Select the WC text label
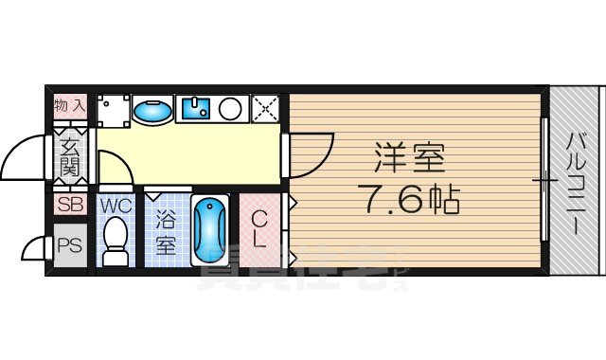tap(116, 205)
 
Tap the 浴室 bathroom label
tap(166, 234)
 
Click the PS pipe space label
tap(69, 245)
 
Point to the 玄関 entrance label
tap(70, 156)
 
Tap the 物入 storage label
tap(70, 106)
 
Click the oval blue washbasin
tap(151, 111)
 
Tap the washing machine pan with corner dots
tap(114, 109)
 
